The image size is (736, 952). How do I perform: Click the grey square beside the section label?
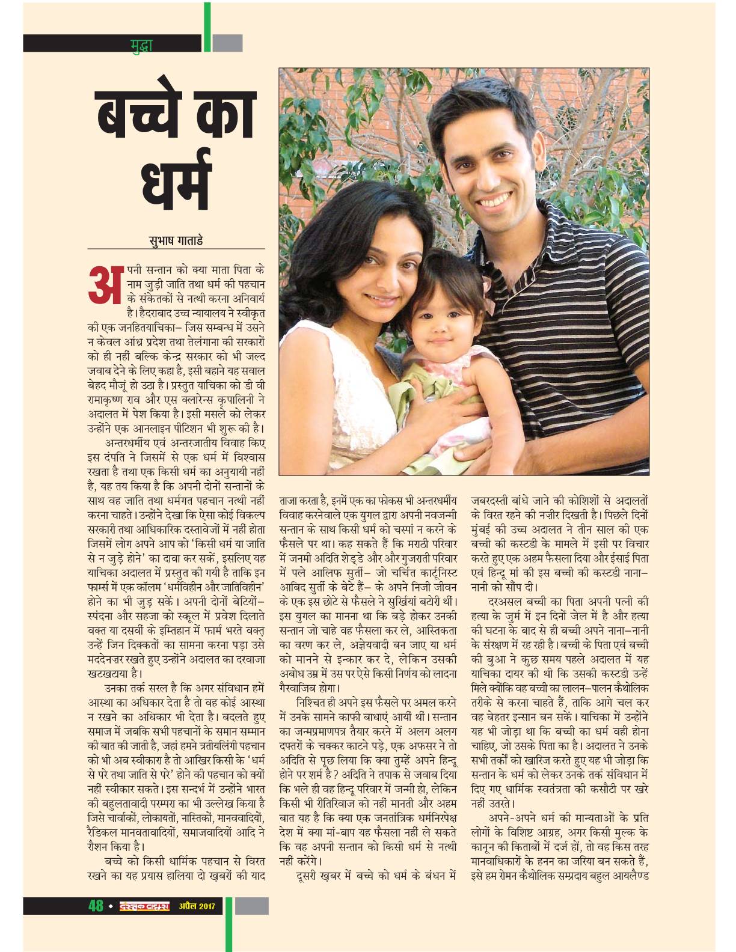228,43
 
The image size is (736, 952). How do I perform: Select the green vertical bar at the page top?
207,27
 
